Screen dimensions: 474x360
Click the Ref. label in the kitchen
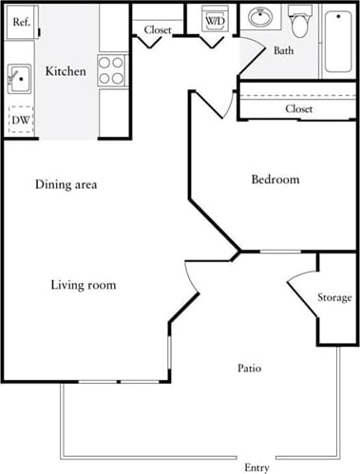tap(19, 21)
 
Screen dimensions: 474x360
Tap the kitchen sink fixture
tap(17, 77)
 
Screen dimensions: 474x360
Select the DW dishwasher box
tap(19, 120)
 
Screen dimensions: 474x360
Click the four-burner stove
tap(112, 70)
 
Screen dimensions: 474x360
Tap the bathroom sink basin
tap(258, 17)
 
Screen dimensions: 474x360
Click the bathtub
tap(339, 41)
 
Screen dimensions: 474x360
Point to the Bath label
tap(283, 50)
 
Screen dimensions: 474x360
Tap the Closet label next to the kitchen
tap(158, 29)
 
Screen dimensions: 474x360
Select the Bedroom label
tap(275, 180)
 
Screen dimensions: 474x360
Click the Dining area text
tap(66, 184)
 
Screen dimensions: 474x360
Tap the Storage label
tap(334, 298)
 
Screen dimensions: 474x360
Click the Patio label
tap(249, 368)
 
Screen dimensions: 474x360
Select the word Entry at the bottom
tap(256, 467)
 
